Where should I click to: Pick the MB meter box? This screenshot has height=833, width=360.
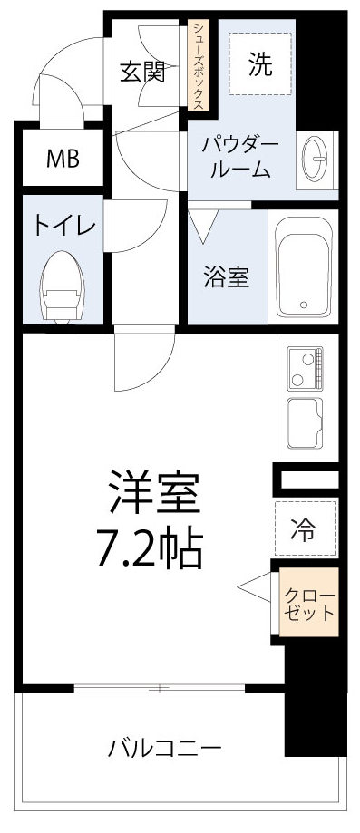coord(63,159)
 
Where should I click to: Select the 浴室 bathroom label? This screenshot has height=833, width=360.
coord(226,277)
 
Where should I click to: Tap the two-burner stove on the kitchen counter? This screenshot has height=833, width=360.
coord(307,367)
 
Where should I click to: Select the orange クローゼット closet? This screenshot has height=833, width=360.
coord(308,603)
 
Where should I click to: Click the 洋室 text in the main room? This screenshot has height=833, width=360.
coord(151,498)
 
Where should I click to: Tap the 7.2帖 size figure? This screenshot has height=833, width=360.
coord(150,547)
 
